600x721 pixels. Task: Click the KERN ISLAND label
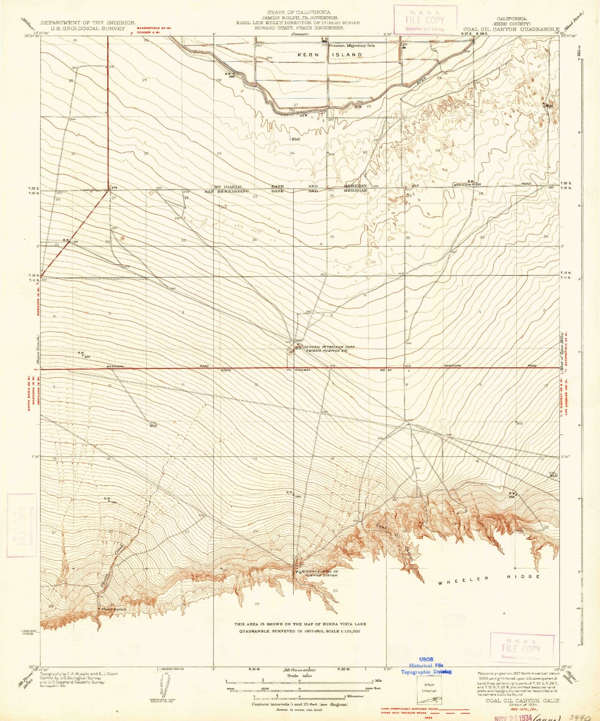coord(330,55)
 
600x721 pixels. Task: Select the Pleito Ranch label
coord(114,609)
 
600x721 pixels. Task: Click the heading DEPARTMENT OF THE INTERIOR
coord(88,23)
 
